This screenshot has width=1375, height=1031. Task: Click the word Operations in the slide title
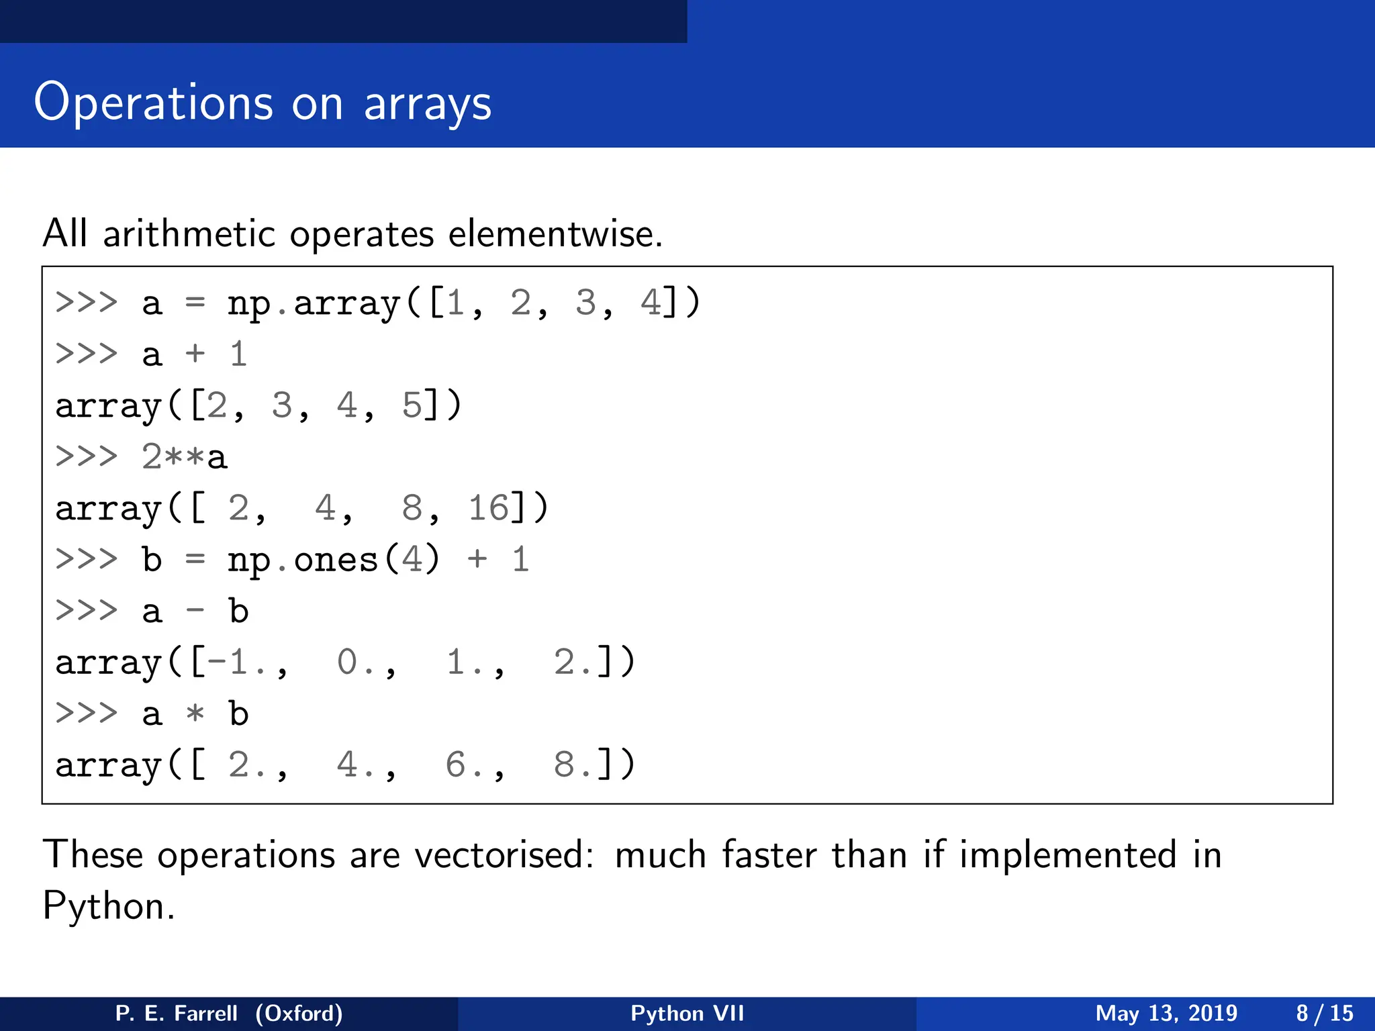point(153,103)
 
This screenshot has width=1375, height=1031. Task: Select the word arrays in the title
point(428,104)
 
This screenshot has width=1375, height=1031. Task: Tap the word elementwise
point(555,234)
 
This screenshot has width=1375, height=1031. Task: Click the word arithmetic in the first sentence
point(189,234)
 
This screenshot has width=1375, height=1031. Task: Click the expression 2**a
point(184,457)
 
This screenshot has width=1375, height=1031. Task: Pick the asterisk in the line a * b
point(195,714)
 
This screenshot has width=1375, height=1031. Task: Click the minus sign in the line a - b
point(195,611)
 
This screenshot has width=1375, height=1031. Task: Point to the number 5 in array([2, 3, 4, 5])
point(412,405)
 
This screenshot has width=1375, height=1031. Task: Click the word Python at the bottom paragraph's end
point(107,906)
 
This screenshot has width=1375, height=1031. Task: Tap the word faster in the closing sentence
point(769,855)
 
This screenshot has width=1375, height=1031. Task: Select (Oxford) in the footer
point(299,1013)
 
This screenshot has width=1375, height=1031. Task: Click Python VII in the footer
point(687,1013)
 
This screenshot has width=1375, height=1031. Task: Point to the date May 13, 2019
point(1166,1013)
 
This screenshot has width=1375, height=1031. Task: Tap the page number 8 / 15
point(1324,1013)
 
